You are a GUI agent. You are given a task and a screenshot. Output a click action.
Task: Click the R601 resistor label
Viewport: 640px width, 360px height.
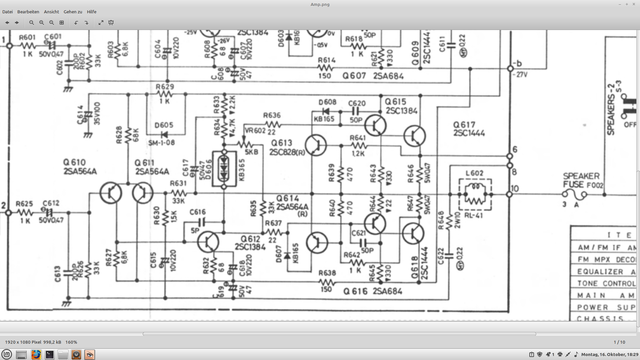tap(27, 37)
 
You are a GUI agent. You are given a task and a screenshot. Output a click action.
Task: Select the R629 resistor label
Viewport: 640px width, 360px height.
tap(164, 88)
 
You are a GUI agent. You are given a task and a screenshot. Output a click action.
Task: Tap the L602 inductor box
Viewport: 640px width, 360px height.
tap(477, 190)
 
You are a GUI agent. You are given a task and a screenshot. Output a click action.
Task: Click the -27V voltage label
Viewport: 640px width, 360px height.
tap(519, 73)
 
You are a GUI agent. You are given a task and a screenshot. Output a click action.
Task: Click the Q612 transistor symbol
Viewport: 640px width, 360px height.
tap(209, 241)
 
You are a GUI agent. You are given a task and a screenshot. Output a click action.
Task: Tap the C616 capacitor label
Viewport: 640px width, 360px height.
tap(197, 212)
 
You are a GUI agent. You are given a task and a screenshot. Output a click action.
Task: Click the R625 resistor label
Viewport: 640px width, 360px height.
tap(27, 203)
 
